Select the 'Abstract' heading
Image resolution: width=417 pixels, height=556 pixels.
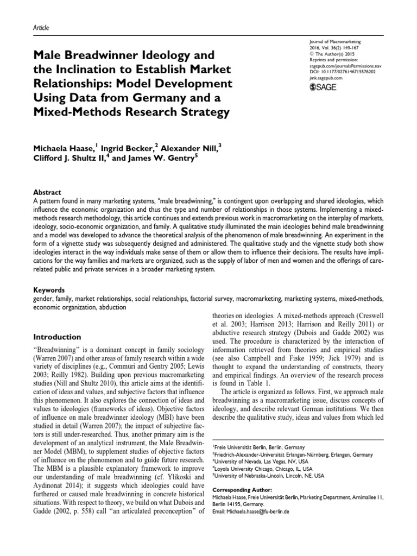click(47, 192)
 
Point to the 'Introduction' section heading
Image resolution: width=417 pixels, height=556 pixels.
click(58, 337)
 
